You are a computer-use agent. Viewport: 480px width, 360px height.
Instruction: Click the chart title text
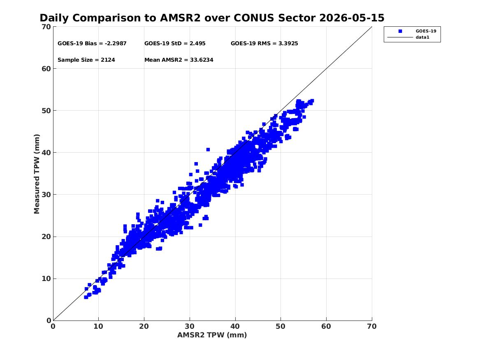click(x=212, y=18)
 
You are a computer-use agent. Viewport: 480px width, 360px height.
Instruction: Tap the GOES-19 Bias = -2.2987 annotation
click(x=92, y=44)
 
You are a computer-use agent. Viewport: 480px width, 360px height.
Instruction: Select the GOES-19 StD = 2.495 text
click(x=175, y=44)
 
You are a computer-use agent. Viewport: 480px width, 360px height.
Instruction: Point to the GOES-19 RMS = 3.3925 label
click(x=264, y=44)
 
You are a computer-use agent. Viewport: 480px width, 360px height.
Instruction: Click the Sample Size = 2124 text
click(x=86, y=60)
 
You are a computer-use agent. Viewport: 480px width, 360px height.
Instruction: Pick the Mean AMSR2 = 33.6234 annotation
click(x=179, y=60)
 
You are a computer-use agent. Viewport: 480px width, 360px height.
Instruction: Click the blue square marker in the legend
click(x=400, y=31)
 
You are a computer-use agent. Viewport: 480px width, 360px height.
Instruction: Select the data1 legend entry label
click(x=422, y=37)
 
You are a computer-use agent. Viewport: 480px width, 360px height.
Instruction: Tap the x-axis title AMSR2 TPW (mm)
click(x=212, y=335)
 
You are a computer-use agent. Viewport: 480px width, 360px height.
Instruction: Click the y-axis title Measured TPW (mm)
click(x=37, y=174)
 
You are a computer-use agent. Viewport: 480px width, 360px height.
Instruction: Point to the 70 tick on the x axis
click(x=372, y=326)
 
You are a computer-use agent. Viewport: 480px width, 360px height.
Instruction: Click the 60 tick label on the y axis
click(x=46, y=69)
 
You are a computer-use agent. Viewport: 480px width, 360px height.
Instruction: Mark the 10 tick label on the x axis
click(x=99, y=326)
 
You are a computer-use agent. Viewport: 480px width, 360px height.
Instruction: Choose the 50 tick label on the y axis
click(x=46, y=111)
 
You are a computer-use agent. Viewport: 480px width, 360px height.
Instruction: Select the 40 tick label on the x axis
click(x=235, y=326)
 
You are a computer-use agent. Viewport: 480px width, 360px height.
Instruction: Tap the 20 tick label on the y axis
click(x=46, y=237)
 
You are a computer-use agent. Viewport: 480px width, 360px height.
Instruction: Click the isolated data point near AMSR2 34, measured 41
click(x=208, y=150)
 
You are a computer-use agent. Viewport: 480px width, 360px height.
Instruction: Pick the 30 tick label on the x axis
click(x=190, y=326)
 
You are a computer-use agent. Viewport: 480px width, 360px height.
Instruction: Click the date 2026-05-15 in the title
click(x=352, y=18)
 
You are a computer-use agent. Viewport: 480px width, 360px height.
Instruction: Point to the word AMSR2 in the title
click(x=180, y=18)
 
